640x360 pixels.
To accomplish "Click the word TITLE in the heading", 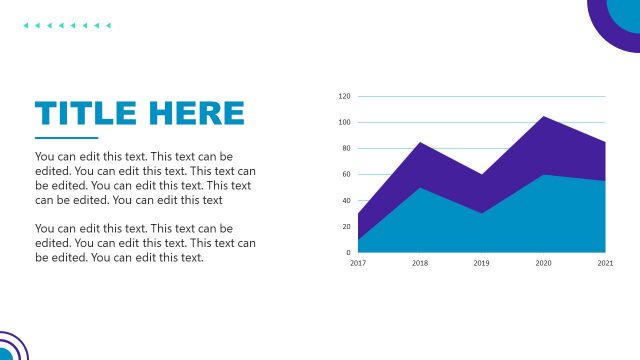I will (83, 112).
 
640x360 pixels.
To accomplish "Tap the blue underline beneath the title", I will (66, 138).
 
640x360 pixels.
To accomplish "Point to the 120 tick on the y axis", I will (344, 97).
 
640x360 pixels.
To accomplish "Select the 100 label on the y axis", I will (344, 123).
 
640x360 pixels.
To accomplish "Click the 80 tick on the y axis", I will (345, 149).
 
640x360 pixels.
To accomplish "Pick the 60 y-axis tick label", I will (345, 175).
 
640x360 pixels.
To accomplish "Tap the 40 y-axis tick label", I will (345, 201).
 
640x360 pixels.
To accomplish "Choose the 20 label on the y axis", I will (345, 227).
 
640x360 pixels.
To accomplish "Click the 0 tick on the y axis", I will (347, 253).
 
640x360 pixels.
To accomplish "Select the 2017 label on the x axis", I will (357, 263).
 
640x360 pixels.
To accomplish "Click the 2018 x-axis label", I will (419, 263).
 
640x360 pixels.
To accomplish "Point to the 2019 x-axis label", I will (481, 263).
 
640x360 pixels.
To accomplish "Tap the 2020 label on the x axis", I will (543, 263).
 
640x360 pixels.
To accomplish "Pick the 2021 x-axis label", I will (605, 263).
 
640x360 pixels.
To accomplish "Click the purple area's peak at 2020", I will (543, 118).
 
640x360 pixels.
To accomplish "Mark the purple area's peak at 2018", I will (419, 144).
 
